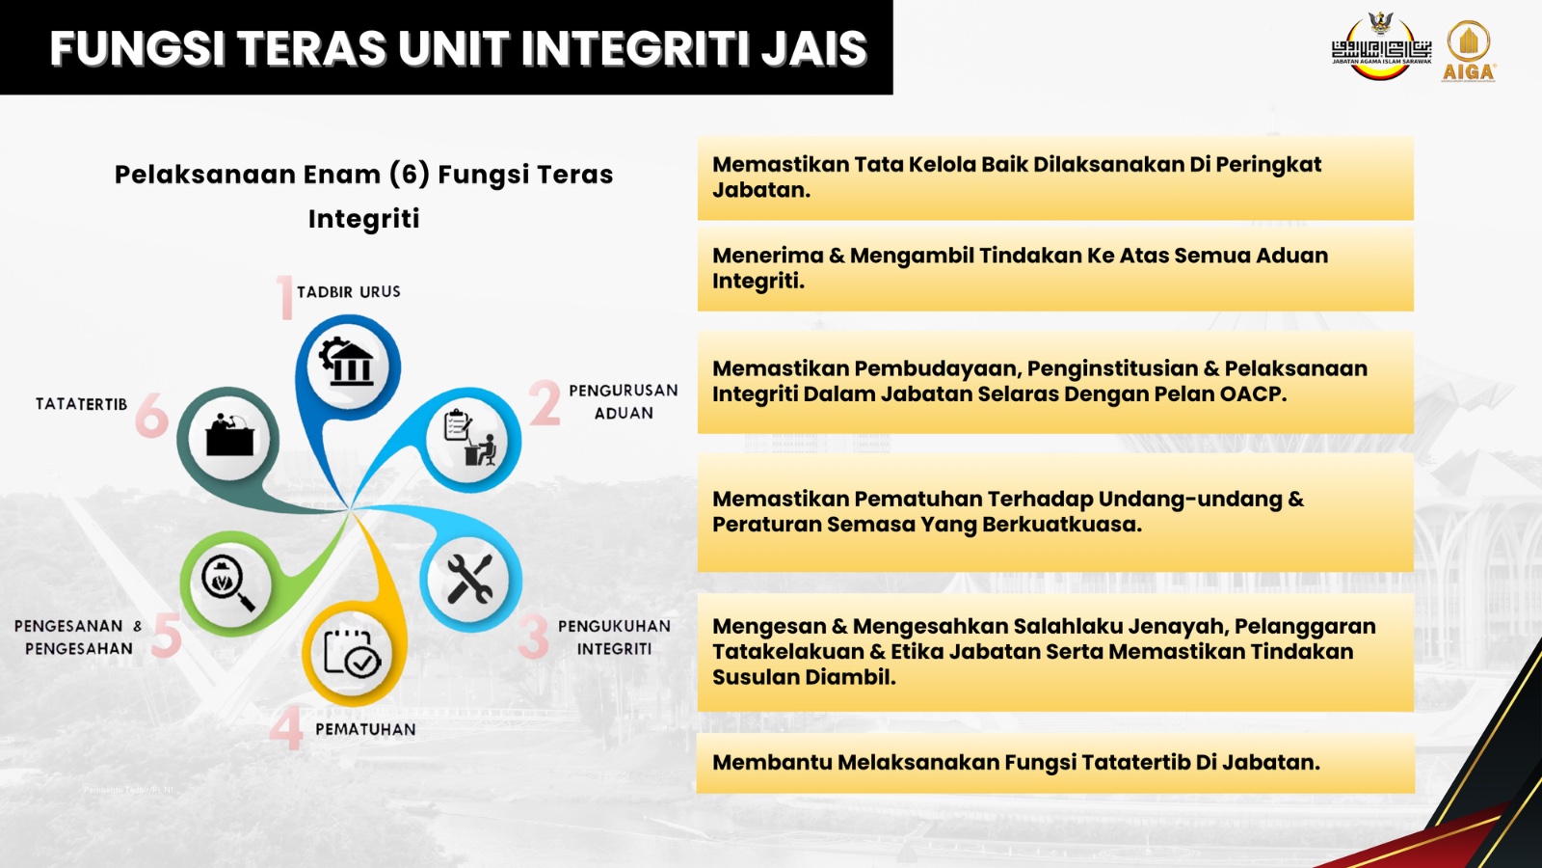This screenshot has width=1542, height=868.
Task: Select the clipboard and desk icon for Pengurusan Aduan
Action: point(469,437)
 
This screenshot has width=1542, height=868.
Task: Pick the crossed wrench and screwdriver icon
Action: point(469,580)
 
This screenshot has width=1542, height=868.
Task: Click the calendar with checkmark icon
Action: point(352,652)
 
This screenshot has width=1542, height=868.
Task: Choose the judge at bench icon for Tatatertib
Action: point(230,435)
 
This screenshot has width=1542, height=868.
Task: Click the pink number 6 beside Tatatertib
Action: point(151,415)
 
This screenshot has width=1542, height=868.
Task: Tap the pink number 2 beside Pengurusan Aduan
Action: point(545,402)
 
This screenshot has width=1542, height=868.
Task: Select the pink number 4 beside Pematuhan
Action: point(286,727)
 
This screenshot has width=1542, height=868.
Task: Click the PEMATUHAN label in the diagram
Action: point(365,729)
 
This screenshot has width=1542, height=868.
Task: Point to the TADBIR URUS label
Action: point(348,292)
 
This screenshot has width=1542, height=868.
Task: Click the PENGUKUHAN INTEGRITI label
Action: point(614,637)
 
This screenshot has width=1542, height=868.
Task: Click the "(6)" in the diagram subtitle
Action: point(410,175)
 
